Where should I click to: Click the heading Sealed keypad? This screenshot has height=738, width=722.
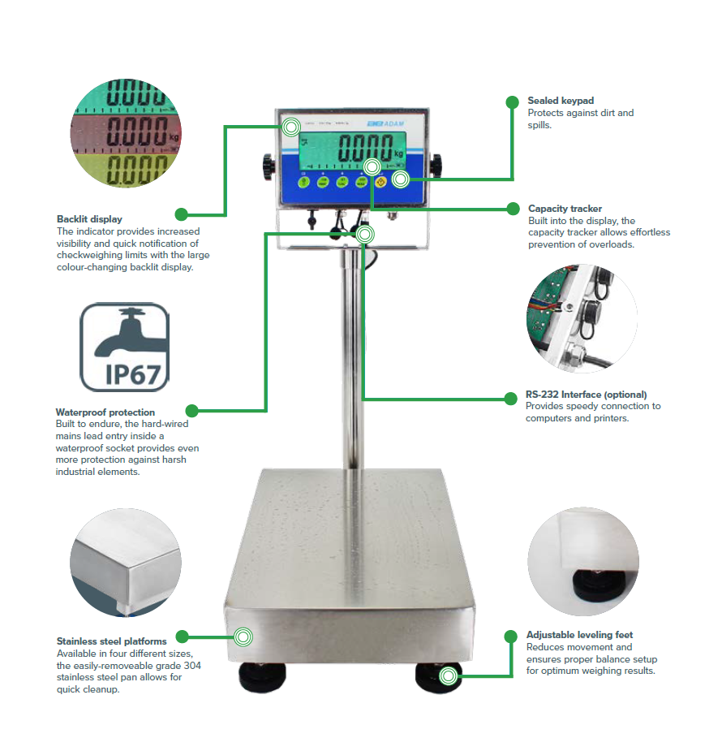[x=561, y=101]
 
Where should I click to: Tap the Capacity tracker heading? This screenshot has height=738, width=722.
[x=565, y=209]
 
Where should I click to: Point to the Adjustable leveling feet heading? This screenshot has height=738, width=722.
[x=579, y=635]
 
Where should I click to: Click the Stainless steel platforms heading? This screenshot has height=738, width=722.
[x=112, y=641]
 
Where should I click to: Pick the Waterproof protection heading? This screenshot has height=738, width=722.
[x=105, y=412]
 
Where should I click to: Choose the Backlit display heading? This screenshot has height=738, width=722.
[x=89, y=219]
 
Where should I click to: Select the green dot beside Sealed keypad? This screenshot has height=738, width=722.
[x=512, y=101]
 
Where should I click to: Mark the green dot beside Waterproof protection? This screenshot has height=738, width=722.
[x=192, y=411]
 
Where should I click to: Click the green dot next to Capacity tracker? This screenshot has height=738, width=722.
[x=512, y=209]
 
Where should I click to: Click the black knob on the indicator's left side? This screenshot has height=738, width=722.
[x=267, y=166]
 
